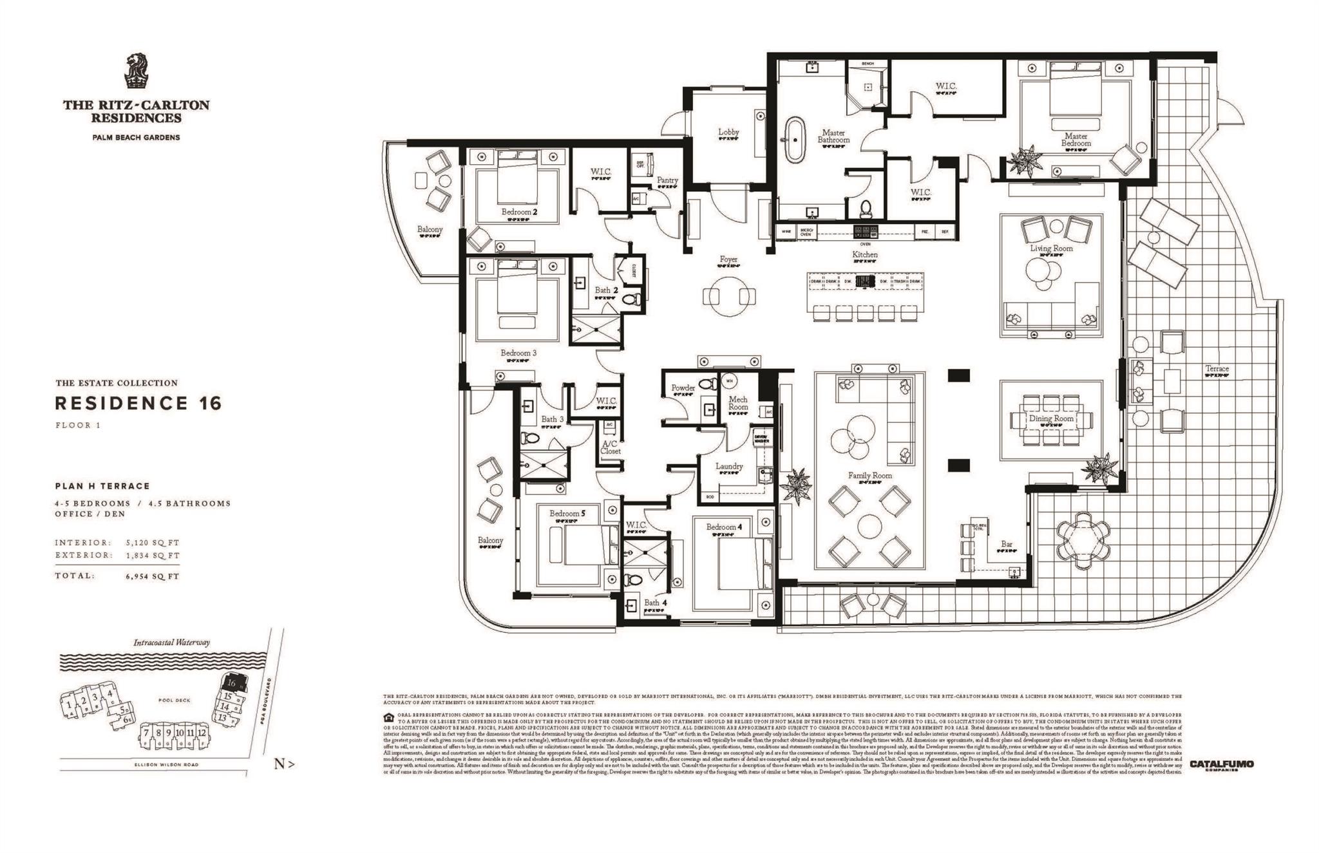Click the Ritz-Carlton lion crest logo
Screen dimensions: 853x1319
pos(137,71)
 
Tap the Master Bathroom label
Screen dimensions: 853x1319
pos(833,136)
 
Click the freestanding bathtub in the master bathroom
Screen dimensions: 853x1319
pos(793,139)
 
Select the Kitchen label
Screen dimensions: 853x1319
pos(864,255)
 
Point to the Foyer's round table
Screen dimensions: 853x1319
pos(729,295)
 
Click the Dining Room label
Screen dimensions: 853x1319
pos(1051,418)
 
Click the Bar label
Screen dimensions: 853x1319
pos(1007,545)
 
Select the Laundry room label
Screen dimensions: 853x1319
pos(729,466)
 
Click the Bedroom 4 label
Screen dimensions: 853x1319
pos(724,527)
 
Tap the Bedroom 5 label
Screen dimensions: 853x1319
pos(567,514)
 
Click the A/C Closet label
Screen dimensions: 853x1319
pos(611,447)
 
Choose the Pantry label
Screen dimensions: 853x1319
pos(667,180)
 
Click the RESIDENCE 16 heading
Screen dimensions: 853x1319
pos(138,404)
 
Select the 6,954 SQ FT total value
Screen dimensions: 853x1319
pos(153,576)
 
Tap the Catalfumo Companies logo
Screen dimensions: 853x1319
pos(1221,765)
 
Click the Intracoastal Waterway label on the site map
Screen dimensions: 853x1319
pos(171,642)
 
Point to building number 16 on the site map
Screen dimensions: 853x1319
pos(230,682)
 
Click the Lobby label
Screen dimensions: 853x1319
pos(728,132)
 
